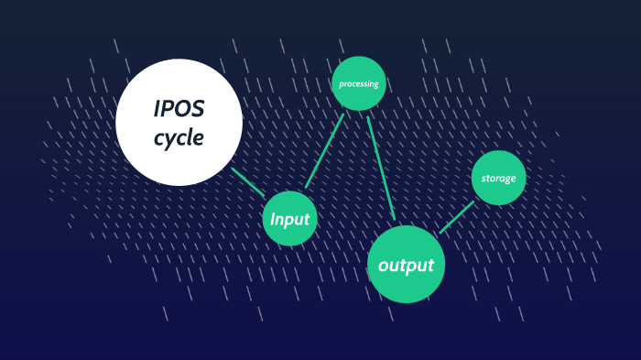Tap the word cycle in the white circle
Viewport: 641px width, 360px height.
click(178, 139)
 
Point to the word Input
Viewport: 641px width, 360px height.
click(289, 220)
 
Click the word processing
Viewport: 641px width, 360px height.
click(358, 84)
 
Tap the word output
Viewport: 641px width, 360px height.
click(406, 266)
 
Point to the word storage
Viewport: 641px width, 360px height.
click(499, 179)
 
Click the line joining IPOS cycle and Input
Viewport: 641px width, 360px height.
click(248, 181)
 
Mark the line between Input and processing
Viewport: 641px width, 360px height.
click(324, 150)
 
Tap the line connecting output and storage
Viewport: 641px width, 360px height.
click(457, 216)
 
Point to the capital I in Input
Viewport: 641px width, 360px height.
click(272, 220)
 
